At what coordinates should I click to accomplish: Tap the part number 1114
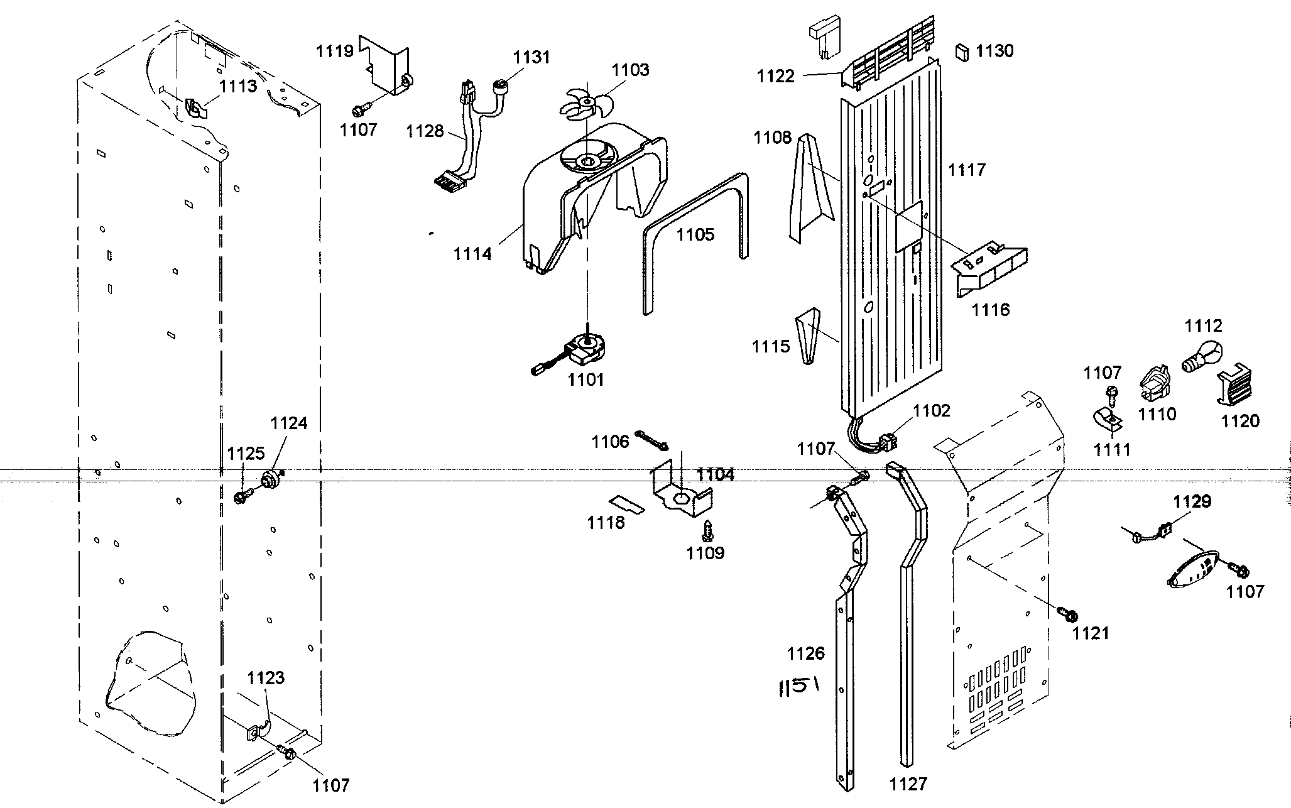[472, 254]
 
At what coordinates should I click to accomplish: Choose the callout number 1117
[967, 170]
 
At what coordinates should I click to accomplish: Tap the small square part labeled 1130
[961, 51]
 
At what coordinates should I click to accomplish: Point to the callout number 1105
[695, 234]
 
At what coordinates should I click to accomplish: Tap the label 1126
[805, 654]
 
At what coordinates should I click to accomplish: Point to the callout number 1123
[265, 678]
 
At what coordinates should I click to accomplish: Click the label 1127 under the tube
[908, 783]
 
